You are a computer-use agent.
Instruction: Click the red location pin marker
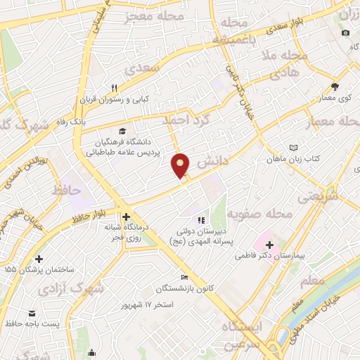tap(181, 165)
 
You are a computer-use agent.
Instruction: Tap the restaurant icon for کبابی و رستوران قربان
tap(114, 88)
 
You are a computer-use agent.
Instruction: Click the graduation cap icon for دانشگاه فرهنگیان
tap(123, 131)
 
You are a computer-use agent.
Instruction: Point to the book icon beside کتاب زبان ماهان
tap(293, 148)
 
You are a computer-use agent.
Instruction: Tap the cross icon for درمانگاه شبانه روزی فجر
tap(126, 217)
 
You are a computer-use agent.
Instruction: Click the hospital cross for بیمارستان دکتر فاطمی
tap(270, 244)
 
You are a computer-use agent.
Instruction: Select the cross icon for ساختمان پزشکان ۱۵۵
tap(39, 259)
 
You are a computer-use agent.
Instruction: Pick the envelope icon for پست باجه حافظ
tap(31, 313)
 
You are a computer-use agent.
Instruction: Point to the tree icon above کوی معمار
tap(335, 87)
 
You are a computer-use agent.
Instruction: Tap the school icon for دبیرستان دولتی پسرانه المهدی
tap(201, 221)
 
